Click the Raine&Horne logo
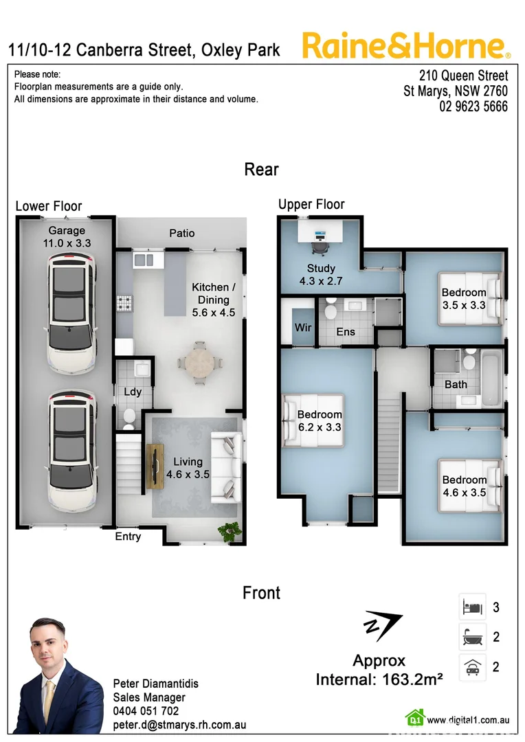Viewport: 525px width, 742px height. [x=406, y=46]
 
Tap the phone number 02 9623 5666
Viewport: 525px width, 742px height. [x=473, y=106]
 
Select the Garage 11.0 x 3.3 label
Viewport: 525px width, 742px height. [x=67, y=237]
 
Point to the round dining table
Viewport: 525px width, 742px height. [x=199, y=360]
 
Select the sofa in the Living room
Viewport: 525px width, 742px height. [x=226, y=465]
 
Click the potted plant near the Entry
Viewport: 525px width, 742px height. [x=227, y=530]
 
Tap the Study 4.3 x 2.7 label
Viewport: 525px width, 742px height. [x=321, y=274]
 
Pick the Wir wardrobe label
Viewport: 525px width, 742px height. [x=303, y=328]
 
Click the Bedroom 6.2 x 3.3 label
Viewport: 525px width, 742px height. [x=320, y=420]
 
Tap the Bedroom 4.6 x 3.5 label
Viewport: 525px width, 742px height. [x=464, y=486]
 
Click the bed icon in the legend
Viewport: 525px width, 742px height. [x=472, y=607]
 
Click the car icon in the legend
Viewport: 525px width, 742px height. [x=472, y=667]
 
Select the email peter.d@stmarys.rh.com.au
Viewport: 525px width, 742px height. [x=179, y=725]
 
